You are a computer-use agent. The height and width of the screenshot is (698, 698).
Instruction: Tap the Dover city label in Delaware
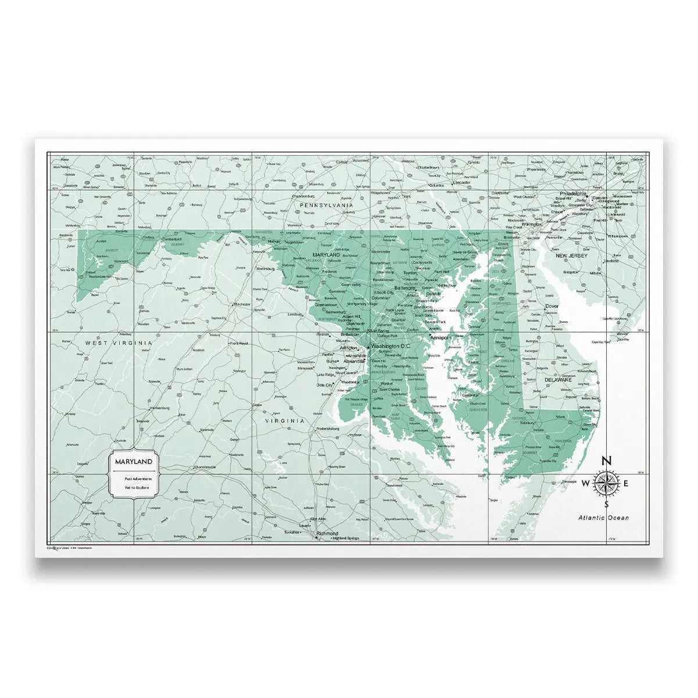tap(552, 306)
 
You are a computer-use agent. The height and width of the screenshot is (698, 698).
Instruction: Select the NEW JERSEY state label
tap(571, 255)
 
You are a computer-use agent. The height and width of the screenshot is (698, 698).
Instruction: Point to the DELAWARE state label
tap(558, 379)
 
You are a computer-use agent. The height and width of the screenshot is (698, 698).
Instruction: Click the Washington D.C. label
tap(391, 346)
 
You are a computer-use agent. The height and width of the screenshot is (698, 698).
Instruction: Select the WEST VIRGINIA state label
tap(119, 343)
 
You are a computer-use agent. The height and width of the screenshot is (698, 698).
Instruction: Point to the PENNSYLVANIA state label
tap(325, 205)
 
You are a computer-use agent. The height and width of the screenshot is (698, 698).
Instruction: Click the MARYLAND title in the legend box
tap(134, 461)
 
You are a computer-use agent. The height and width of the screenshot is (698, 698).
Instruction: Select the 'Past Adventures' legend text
tap(134, 478)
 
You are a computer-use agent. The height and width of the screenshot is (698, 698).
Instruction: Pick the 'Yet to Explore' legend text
tap(134, 487)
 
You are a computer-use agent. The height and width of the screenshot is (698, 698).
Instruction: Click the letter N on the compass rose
tap(606, 461)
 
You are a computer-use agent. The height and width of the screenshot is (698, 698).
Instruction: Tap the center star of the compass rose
tap(606, 483)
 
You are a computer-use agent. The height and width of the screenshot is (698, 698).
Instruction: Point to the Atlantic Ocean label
tap(603, 517)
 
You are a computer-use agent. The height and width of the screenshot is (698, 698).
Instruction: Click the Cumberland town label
tap(171, 238)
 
